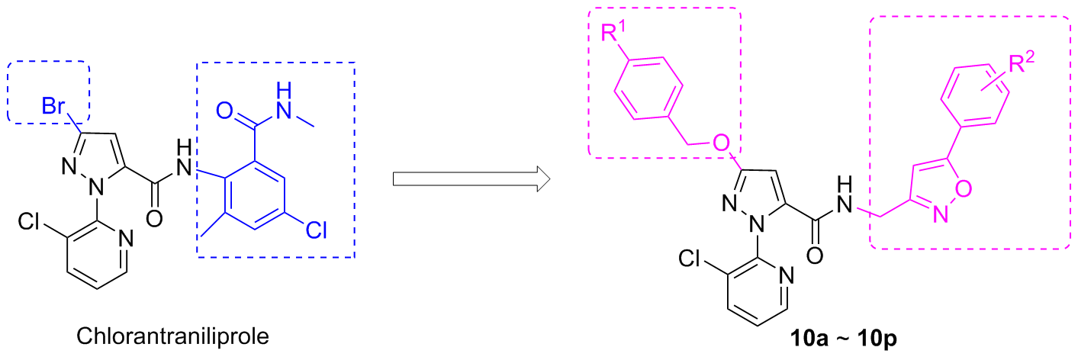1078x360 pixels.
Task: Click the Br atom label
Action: tap(53, 108)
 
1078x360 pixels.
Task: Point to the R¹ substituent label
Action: tap(613, 34)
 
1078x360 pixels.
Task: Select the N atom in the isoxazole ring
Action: tap(939, 217)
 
